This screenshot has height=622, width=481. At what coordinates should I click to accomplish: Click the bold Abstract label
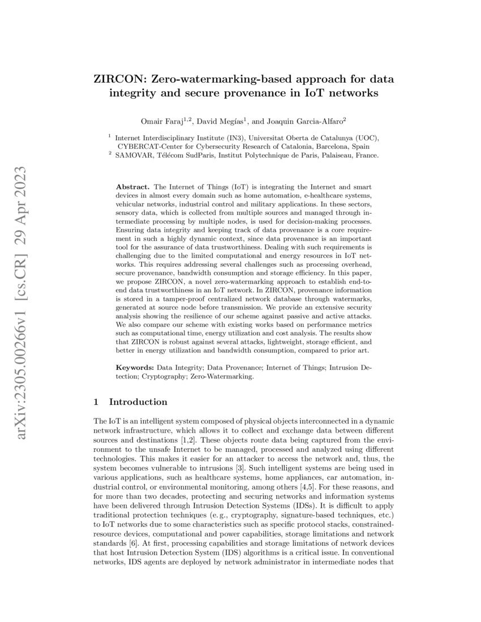point(132,187)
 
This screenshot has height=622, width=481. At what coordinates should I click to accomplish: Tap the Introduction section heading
point(138,402)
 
